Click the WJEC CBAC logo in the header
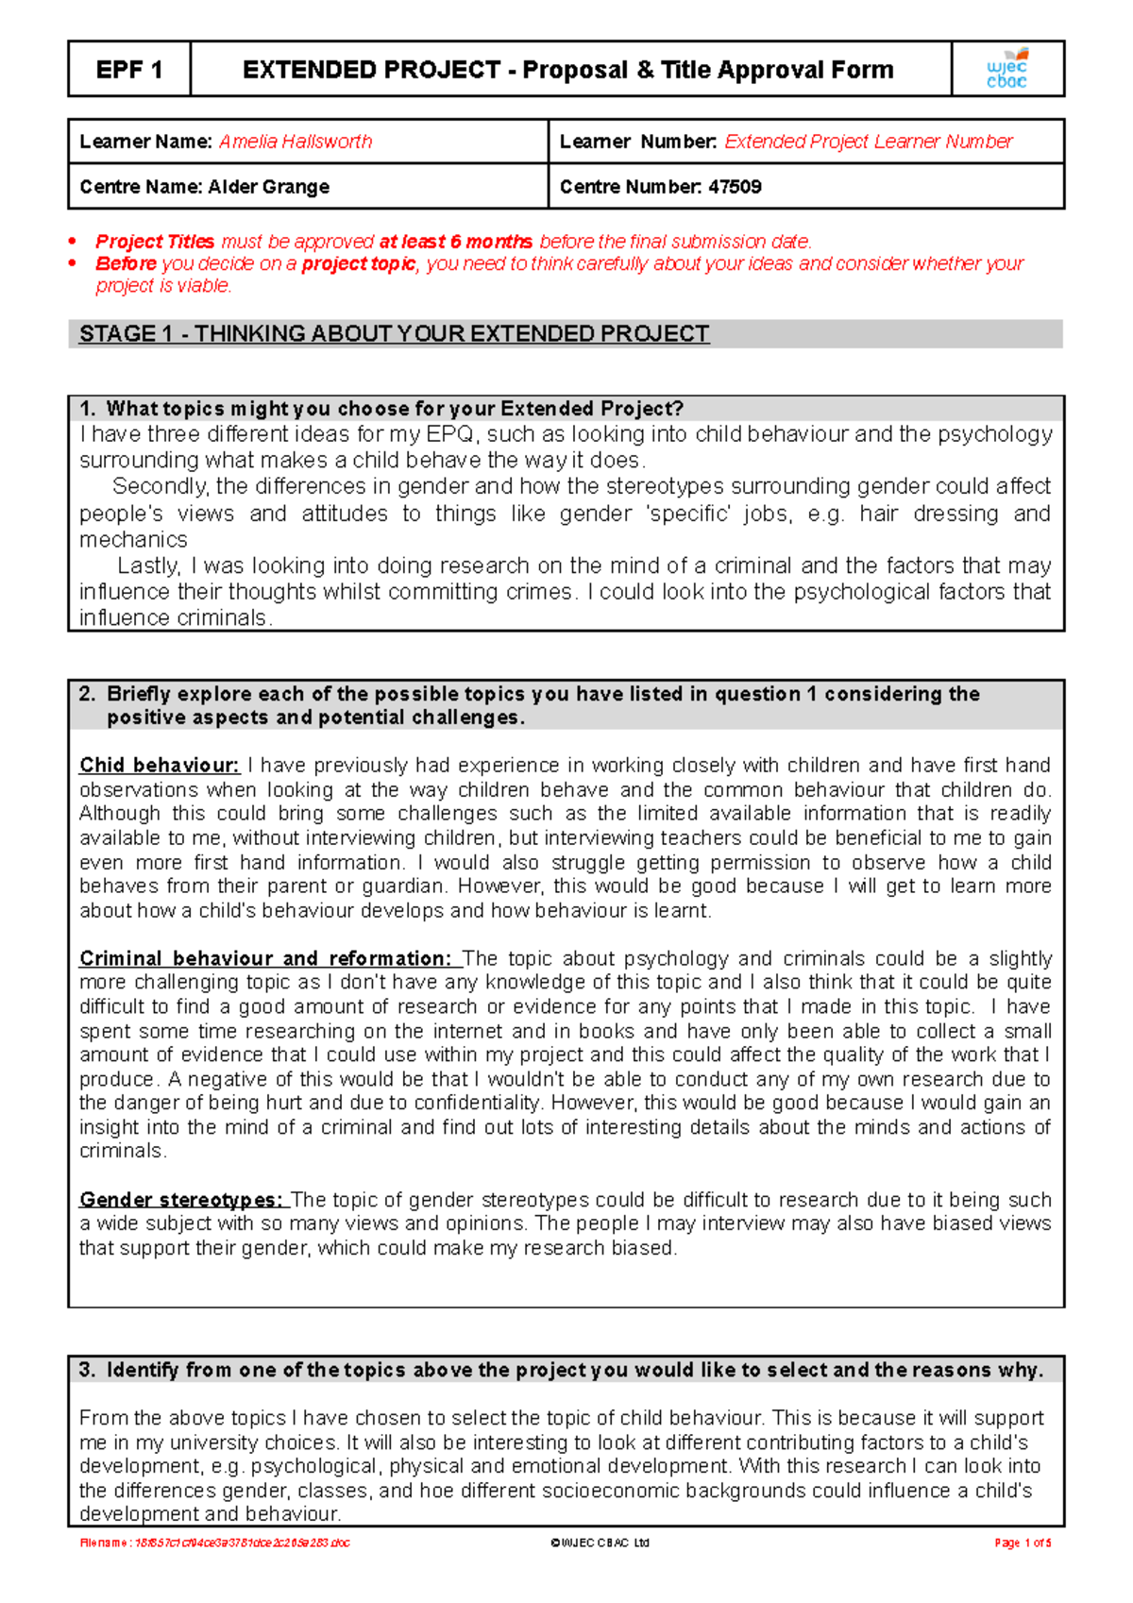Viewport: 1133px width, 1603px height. point(1006,69)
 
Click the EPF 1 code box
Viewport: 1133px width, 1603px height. point(129,70)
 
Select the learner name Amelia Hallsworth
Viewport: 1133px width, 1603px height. point(296,142)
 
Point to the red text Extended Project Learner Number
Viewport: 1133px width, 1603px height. point(868,142)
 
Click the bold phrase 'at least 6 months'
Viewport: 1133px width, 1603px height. point(455,242)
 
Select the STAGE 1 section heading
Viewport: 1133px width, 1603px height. point(394,334)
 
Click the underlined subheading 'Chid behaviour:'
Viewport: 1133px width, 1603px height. point(159,766)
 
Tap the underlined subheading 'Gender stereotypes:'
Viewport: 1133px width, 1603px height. point(181,1200)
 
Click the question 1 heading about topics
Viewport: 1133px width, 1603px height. point(381,409)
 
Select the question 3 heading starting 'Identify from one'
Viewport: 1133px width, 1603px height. point(562,1370)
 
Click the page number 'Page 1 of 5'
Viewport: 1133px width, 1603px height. point(1022,1543)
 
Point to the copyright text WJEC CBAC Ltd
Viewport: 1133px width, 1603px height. point(600,1543)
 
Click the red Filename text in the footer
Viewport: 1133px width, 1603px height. point(215,1543)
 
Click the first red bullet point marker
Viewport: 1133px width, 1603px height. point(74,242)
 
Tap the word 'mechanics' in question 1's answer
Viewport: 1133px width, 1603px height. point(133,540)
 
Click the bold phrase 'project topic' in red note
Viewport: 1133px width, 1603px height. point(358,264)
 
